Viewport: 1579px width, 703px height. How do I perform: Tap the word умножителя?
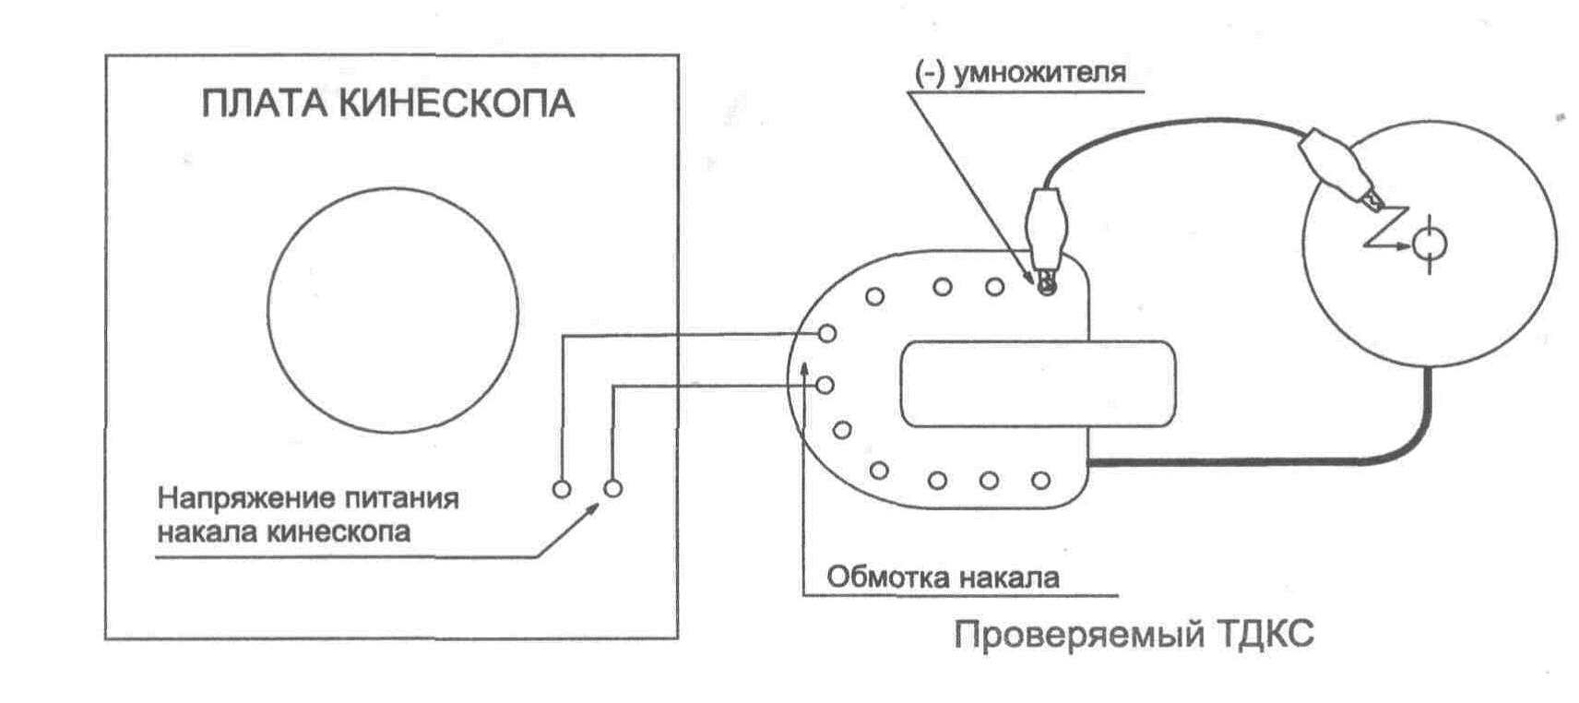[x=1039, y=73]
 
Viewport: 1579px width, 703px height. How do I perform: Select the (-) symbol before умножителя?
[x=930, y=73]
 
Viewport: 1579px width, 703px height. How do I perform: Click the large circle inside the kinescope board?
[x=393, y=309]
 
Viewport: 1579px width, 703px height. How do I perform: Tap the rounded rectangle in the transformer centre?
[x=1038, y=384]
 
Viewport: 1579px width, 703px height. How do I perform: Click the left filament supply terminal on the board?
[x=562, y=489]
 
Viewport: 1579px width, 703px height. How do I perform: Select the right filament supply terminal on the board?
[x=612, y=489]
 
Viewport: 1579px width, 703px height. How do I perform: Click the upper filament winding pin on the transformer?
[x=827, y=333]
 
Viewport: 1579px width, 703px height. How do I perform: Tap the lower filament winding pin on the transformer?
[x=826, y=385]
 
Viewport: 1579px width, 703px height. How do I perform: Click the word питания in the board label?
[x=401, y=499]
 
